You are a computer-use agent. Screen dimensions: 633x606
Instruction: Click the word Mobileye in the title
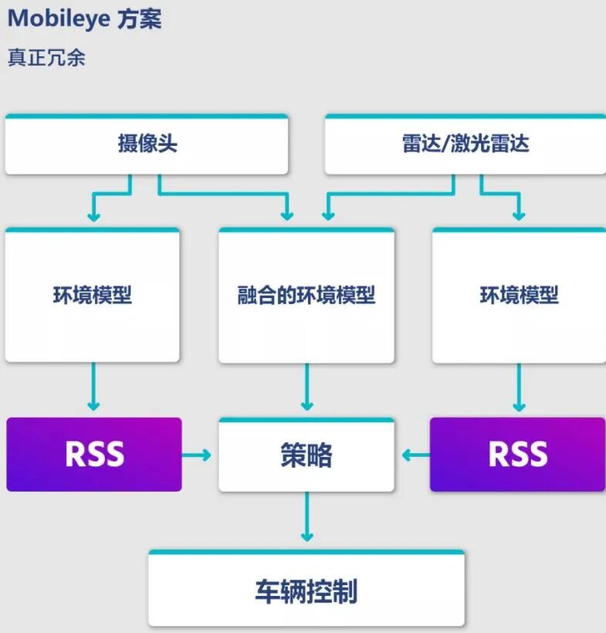(x=58, y=19)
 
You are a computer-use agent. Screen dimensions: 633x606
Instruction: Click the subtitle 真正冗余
(x=46, y=58)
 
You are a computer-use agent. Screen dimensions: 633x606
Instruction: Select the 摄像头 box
(x=147, y=144)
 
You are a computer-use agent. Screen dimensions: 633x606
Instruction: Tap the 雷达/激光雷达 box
(x=465, y=144)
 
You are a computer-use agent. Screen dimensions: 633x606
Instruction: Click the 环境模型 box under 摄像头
(x=93, y=296)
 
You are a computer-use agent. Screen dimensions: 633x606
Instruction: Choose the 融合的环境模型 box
(x=306, y=296)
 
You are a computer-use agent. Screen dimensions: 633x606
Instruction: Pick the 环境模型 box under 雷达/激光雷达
(x=519, y=296)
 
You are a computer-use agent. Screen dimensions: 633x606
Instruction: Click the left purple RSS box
(x=94, y=455)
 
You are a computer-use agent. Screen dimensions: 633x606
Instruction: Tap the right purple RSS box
(x=518, y=455)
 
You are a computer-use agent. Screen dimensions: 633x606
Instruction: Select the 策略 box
(x=306, y=455)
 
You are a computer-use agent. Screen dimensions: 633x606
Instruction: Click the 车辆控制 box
(x=306, y=591)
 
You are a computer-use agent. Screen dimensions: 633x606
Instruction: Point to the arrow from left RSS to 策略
(x=198, y=455)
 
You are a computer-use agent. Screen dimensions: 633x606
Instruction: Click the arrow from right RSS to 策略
(x=415, y=455)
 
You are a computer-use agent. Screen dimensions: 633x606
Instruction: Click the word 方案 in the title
(x=140, y=19)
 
